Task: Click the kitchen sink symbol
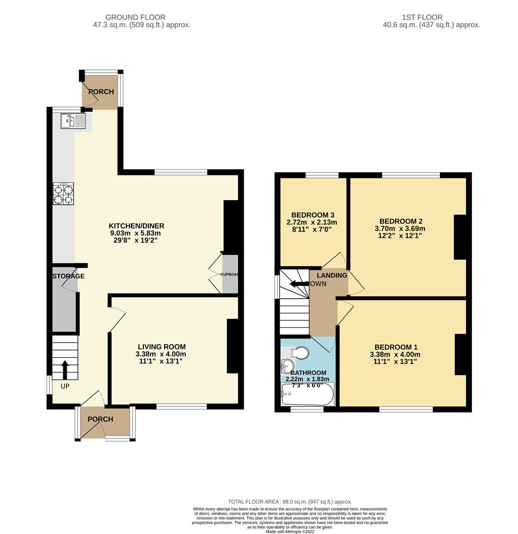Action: point(73,121)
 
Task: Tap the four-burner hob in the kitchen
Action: point(64,194)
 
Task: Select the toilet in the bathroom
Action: point(300,353)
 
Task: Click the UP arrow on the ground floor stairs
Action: point(65,370)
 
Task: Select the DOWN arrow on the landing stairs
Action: point(299,284)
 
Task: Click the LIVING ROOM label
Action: point(161,347)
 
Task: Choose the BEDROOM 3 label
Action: point(313,215)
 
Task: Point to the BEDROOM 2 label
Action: point(401,221)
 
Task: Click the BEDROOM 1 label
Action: point(395,347)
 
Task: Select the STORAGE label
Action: point(69,276)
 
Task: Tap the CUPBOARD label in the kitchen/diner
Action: point(229,274)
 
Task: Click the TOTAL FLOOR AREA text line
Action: point(290,501)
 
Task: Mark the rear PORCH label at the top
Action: point(101,92)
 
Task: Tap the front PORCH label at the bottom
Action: point(100,419)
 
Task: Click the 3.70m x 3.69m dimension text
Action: point(400,228)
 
